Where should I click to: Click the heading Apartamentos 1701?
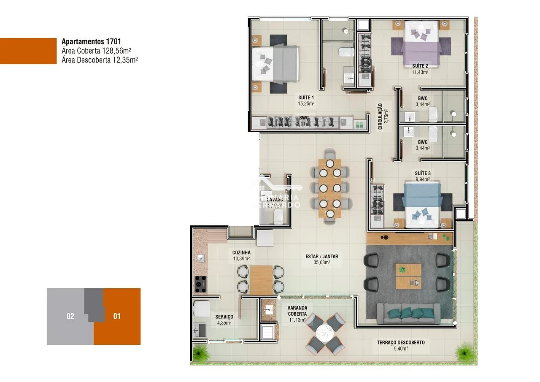[91, 41]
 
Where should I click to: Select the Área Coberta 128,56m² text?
[96, 51]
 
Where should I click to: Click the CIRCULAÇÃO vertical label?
[381, 116]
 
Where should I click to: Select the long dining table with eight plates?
[329, 188]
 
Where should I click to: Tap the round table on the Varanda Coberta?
[325, 333]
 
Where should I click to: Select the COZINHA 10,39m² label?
[241, 255]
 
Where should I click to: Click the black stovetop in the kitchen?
[200, 284]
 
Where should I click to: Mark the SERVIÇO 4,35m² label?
[224, 320]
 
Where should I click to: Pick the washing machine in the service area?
[202, 308]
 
